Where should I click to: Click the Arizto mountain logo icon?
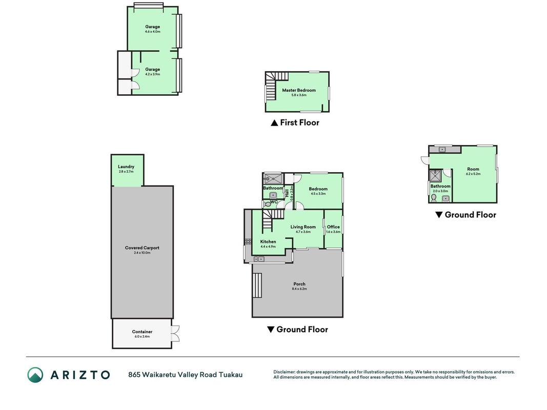[x=35, y=375]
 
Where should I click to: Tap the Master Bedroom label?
[x=299, y=90]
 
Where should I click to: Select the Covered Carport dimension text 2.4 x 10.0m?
[x=142, y=253]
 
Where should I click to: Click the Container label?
[x=142, y=332]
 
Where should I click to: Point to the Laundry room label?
[x=126, y=167]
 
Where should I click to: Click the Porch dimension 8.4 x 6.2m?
[x=299, y=289]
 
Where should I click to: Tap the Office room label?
[x=333, y=227]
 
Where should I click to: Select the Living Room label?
[x=303, y=227]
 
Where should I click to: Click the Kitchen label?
[x=268, y=241]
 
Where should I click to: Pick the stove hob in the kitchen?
[x=248, y=241]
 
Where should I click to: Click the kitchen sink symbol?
[x=259, y=259]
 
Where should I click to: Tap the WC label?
[x=274, y=202]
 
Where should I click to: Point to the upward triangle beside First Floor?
[x=274, y=122]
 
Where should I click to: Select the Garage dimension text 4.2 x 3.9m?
[x=152, y=74]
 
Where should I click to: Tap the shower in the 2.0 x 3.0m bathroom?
[x=435, y=175]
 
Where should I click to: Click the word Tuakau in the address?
[x=231, y=375]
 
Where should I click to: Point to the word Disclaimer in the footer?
[x=285, y=372]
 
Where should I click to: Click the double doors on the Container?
[x=175, y=334]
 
